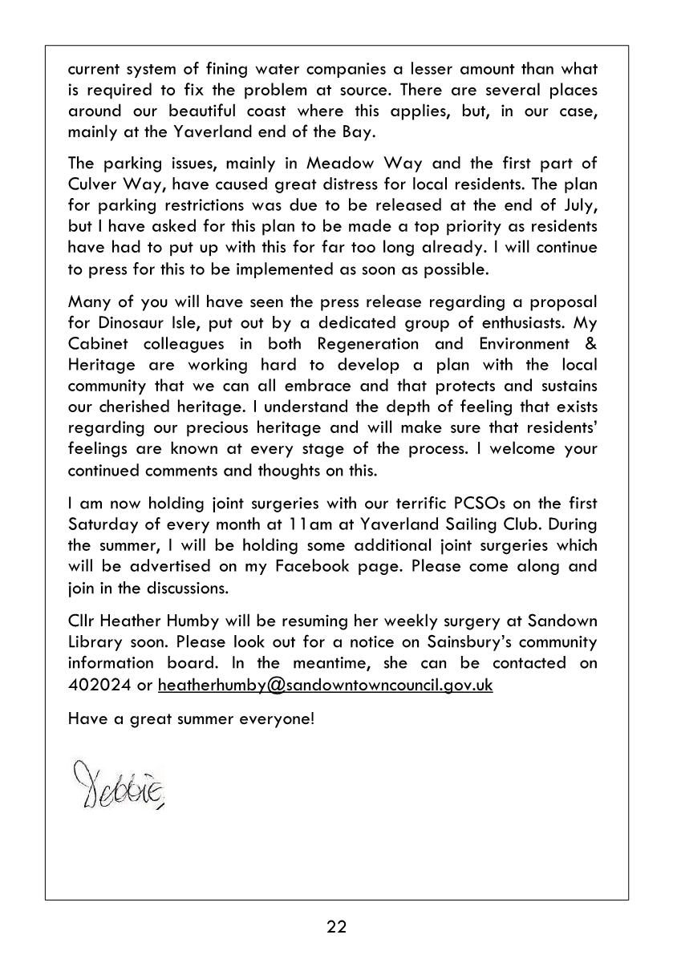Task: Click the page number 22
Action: click(x=336, y=927)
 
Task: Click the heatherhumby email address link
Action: click(x=325, y=685)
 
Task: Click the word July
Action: click(x=578, y=205)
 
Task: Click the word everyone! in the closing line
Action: click(x=278, y=718)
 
